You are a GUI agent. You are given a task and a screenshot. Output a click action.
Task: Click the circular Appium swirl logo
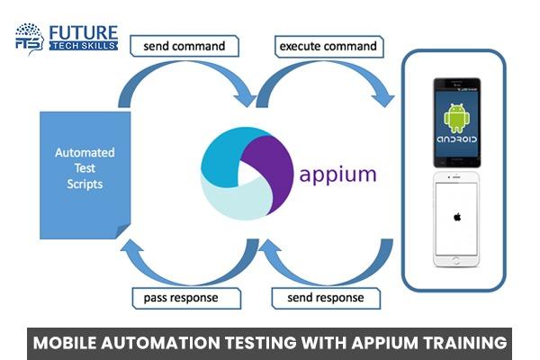(243, 171)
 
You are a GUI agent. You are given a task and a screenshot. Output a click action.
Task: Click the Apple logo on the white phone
(455, 217)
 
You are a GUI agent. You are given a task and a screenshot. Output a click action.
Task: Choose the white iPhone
(455, 220)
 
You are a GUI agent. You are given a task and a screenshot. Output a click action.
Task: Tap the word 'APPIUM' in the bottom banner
(368, 343)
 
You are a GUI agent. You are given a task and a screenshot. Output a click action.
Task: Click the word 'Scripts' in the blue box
(85, 185)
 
